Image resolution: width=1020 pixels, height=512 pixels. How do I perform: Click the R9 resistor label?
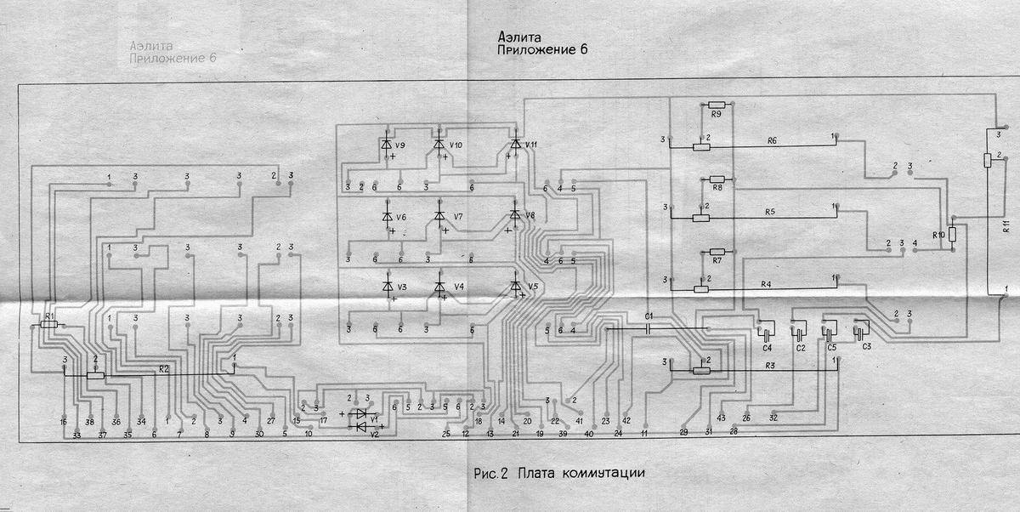pyautogui.click(x=716, y=114)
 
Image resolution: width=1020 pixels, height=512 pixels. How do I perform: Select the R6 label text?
pyautogui.click(x=772, y=139)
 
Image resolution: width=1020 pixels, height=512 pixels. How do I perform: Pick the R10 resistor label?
pyautogui.click(x=938, y=234)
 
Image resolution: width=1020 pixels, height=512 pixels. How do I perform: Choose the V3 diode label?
pyautogui.click(x=401, y=287)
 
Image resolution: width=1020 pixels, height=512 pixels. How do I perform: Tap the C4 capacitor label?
pyautogui.click(x=767, y=349)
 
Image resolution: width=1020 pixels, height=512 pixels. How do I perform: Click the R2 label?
pyautogui.click(x=163, y=369)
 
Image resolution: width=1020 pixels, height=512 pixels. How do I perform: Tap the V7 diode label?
pyautogui.click(x=458, y=217)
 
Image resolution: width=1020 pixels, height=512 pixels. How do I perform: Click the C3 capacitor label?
pyautogui.click(x=867, y=348)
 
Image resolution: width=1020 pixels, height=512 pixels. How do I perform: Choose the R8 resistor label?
pyautogui.click(x=717, y=187)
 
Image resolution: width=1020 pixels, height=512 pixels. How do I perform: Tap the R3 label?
pyautogui.click(x=770, y=366)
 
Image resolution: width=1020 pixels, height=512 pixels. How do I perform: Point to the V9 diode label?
pyautogui.click(x=400, y=145)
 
